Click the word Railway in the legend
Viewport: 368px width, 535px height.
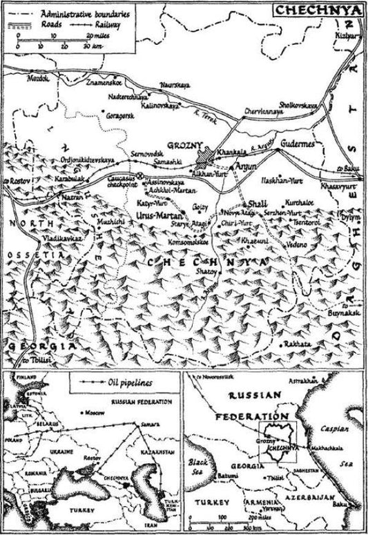click(x=122, y=22)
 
